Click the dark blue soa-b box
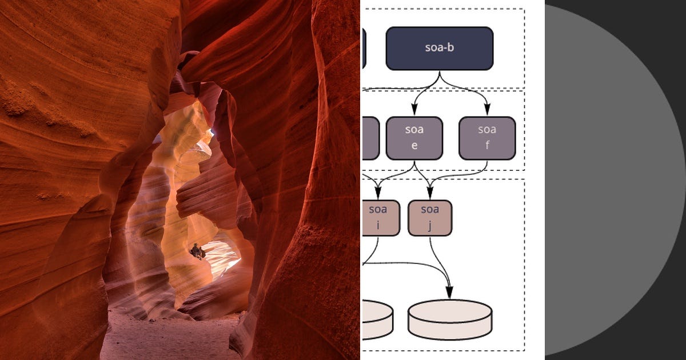439,49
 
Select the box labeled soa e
414,138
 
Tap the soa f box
487,138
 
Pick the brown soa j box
430,218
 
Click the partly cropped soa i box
376,218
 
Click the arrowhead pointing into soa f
487,110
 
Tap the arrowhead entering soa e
414,110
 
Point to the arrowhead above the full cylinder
450,293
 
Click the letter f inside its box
487,145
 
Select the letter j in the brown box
430,225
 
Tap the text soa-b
439,48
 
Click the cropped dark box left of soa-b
364,49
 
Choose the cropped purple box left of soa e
370,138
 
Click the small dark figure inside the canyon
197,251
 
